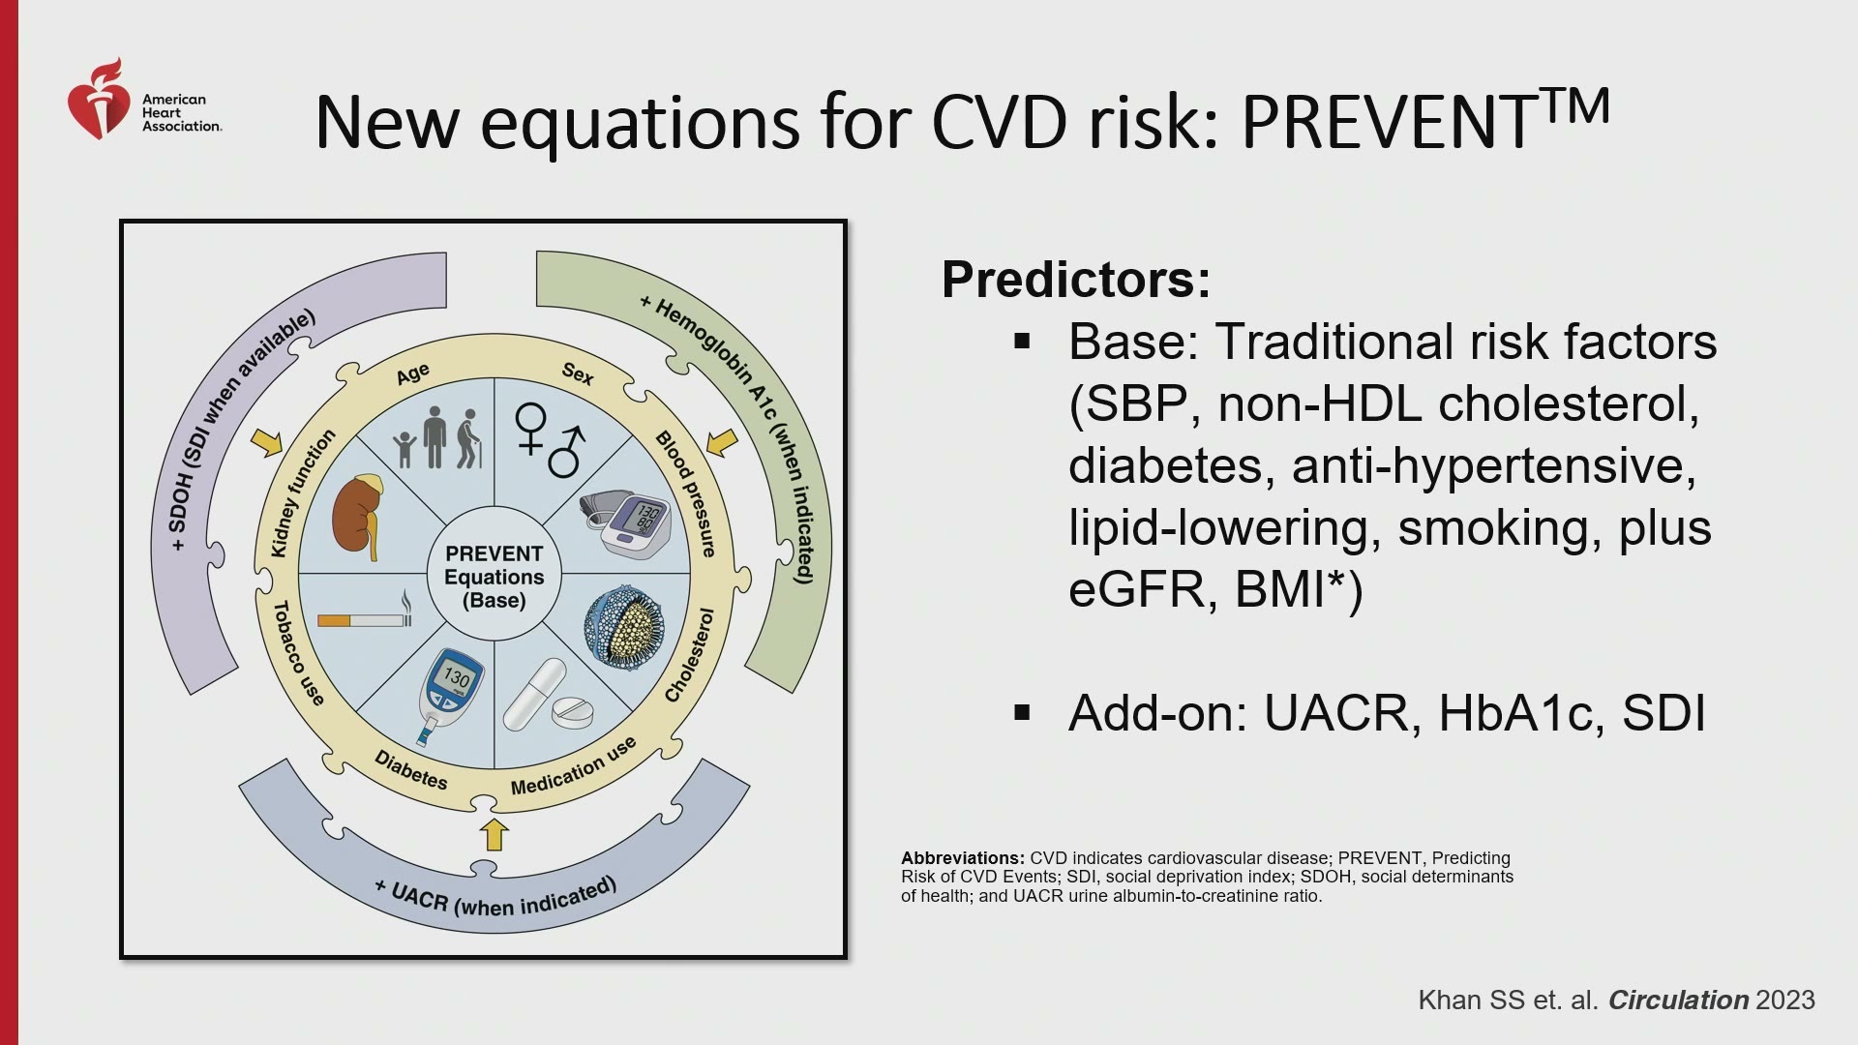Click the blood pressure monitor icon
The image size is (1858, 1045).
coord(626,525)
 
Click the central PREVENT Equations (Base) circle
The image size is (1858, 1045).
coord(494,576)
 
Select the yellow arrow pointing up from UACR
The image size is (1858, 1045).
coord(494,834)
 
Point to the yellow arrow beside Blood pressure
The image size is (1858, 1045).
coord(722,442)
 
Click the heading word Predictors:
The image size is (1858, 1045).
coord(1076,280)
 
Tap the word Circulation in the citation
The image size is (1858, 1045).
coord(1678,1000)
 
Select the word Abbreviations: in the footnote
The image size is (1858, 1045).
coord(963,858)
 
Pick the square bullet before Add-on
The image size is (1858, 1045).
coord(1022,713)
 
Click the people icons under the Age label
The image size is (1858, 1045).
coord(438,438)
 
